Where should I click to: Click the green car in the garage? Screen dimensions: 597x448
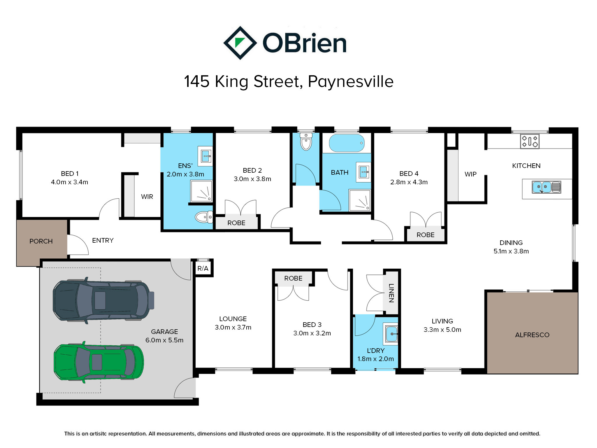99,362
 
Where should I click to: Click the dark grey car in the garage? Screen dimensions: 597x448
103,300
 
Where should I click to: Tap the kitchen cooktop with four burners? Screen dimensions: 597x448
530,141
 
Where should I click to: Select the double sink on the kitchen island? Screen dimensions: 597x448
546,187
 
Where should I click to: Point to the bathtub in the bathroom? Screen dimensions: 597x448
347,143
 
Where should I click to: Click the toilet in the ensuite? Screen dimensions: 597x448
203,217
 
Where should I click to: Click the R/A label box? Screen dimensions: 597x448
203,268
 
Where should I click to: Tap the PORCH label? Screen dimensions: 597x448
41,242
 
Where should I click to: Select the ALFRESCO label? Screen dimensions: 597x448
532,335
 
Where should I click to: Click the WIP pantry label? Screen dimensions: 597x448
470,174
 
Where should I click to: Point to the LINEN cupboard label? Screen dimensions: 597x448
391,293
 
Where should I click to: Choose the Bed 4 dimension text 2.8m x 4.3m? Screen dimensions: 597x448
409,182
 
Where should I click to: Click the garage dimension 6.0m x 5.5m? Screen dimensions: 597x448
164,340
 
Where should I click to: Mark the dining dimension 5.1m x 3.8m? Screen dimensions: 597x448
511,251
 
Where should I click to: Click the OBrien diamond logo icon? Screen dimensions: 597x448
240,43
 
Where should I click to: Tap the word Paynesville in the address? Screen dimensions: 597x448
351,81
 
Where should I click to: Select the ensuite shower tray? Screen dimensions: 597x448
201,191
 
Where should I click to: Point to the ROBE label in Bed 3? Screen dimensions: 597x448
293,278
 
